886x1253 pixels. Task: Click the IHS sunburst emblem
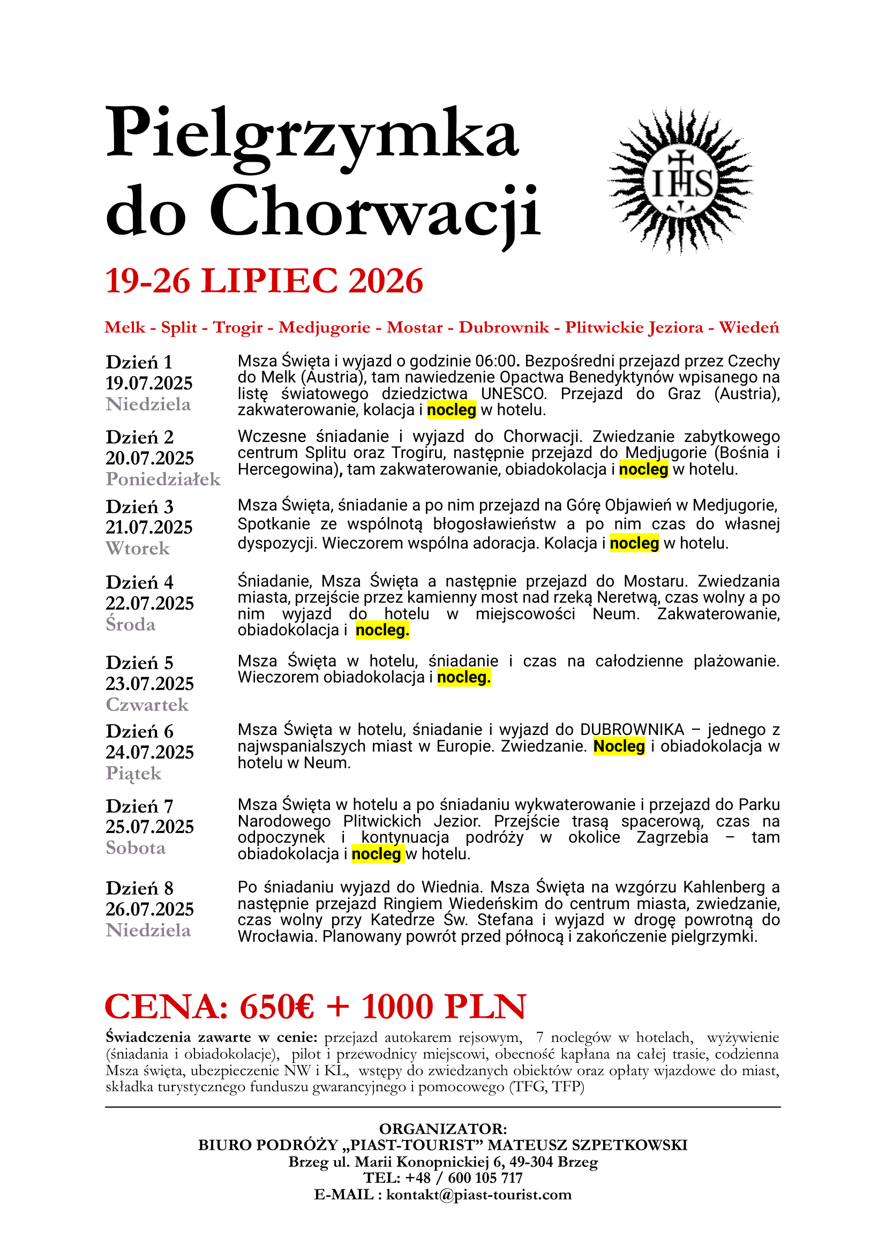coord(681,182)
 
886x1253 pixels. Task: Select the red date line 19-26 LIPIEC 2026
coord(264,282)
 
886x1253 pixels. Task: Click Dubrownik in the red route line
coord(504,327)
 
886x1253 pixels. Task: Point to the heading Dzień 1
coord(139,362)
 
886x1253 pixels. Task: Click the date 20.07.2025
coord(149,458)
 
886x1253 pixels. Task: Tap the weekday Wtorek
coord(138,549)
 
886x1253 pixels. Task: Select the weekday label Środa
coord(130,624)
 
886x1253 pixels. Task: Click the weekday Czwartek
coord(147,704)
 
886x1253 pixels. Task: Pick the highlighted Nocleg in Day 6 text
coord(619,746)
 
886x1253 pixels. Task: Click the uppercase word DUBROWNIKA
coord(632,730)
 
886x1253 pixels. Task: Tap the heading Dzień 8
coord(140,888)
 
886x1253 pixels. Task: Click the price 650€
coord(276,1007)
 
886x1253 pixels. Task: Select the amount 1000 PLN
coord(444,1007)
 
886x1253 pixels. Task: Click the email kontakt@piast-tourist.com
coord(478,1195)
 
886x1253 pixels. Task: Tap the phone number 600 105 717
coord(485,1177)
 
